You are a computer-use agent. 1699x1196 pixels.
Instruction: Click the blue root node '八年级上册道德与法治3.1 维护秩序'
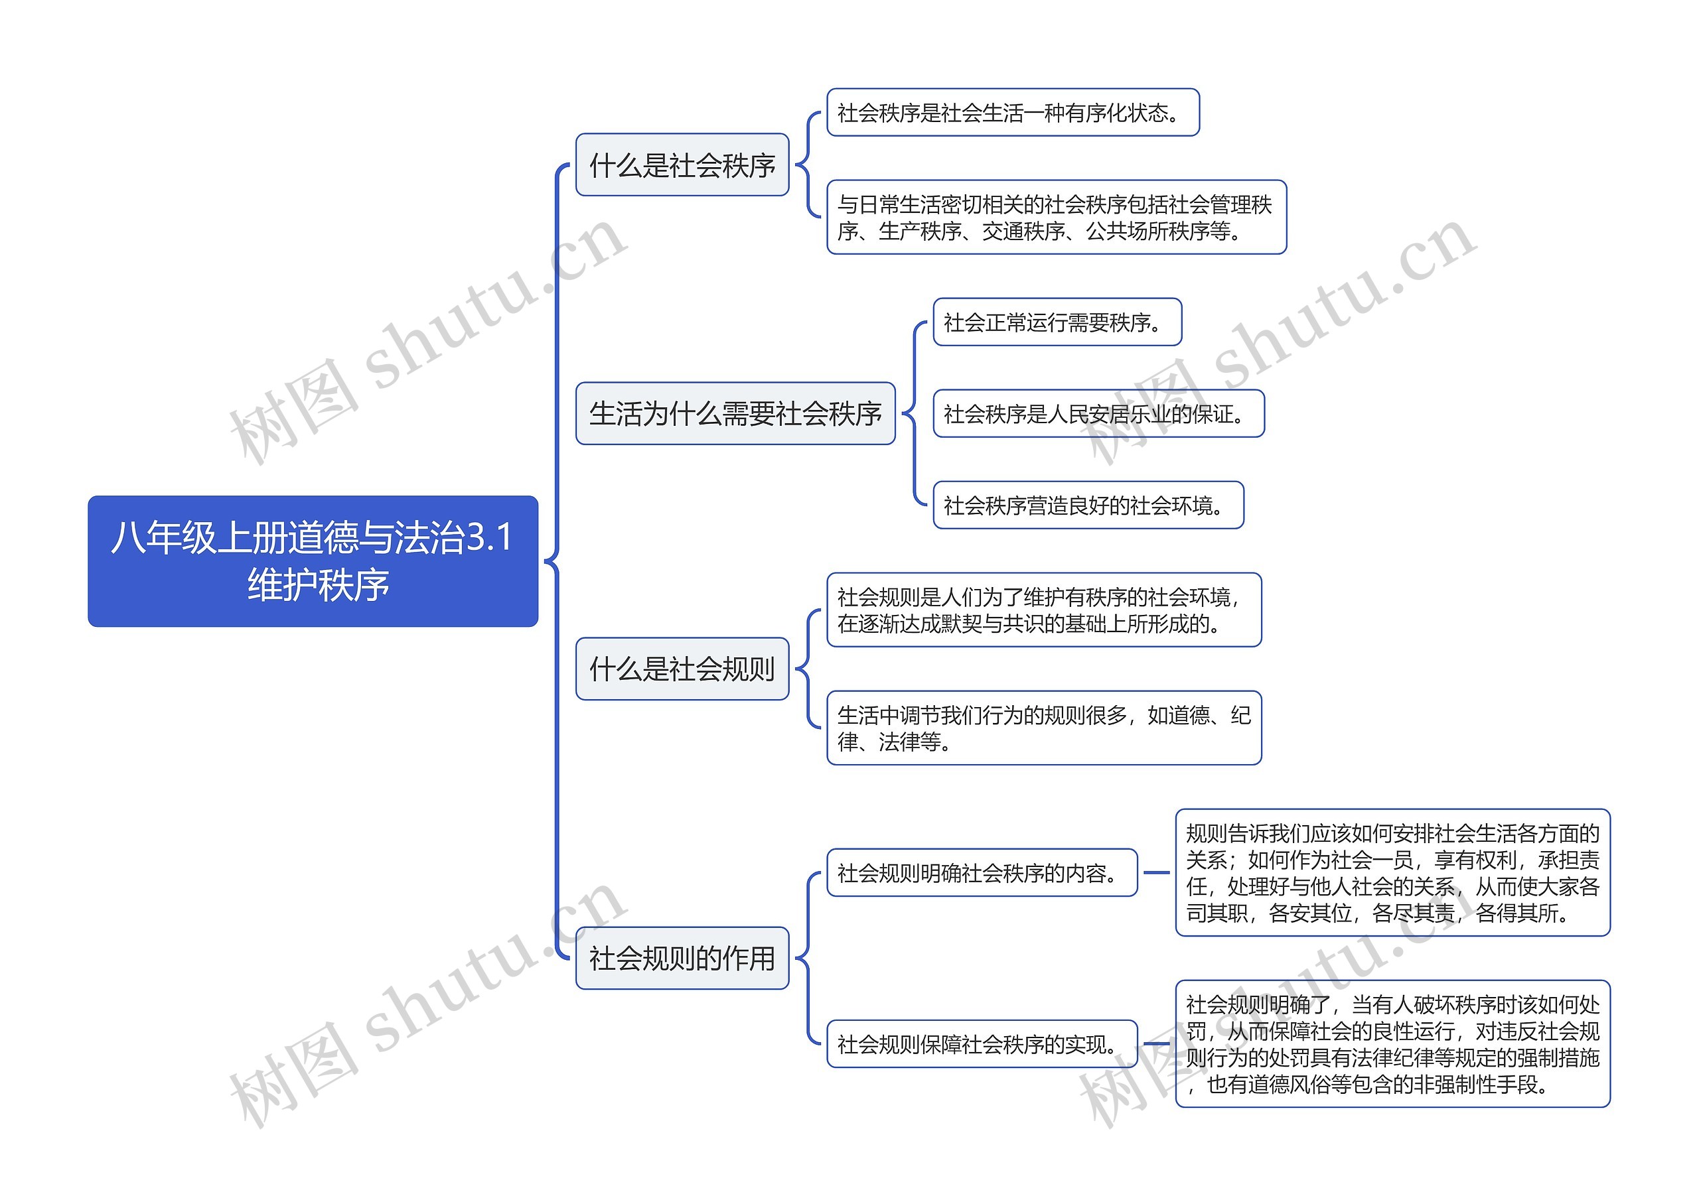coord(313,561)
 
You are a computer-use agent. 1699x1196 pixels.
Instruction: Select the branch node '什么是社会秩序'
coord(682,165)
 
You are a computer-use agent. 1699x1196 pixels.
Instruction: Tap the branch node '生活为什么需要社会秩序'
coord(735,413)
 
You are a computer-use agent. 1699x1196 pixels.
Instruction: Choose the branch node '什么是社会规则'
coord(682,669)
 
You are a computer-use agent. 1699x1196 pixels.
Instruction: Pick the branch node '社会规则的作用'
coord(682,958)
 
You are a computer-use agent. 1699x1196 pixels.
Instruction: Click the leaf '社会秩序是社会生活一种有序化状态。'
coord(1011,112)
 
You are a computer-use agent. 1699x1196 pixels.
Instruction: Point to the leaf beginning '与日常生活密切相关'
coord(1055,218)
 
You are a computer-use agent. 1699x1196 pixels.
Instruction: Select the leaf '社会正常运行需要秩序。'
coord(1057,322)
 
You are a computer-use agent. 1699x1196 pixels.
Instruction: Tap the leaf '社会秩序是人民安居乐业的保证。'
coord(1098,414)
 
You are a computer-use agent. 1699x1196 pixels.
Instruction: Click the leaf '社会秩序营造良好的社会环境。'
coord(1088,506)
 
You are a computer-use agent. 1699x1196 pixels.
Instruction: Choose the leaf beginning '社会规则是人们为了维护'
coord(1043,610)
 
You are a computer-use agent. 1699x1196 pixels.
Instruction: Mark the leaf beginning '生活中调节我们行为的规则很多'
coord(1043,728)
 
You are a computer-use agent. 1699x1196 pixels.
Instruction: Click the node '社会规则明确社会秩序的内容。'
coord(981,873)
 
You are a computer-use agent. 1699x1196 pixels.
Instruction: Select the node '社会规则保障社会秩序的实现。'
coord(981,1043)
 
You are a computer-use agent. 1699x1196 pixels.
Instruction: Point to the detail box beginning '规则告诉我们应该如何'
coord(1392,873)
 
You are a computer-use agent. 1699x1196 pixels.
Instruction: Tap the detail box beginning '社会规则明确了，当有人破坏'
coord(1392,1043)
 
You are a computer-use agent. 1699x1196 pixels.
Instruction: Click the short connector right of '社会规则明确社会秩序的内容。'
coord(1156,873)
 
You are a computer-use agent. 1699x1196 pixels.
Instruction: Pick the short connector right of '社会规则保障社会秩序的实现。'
coord(1156,1043)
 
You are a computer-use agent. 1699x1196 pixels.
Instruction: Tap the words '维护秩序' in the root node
coord(318,585)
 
